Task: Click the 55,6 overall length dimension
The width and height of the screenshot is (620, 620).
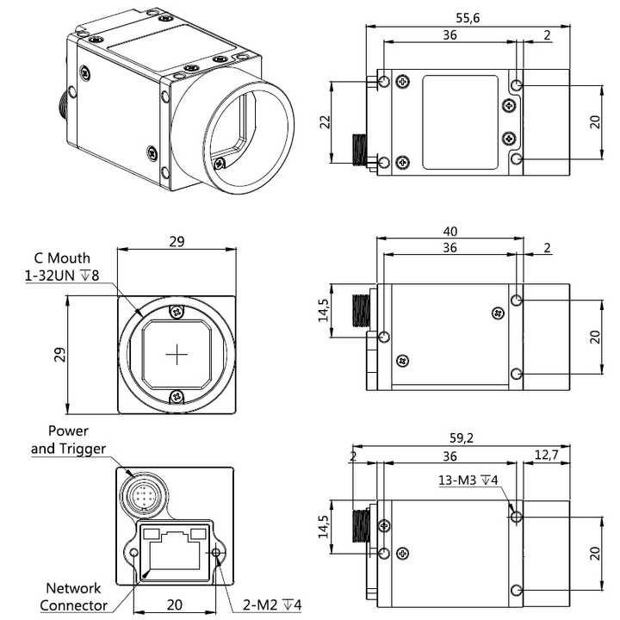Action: pyautogui.click(x=468, y=18)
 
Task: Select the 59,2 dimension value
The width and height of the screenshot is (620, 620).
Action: pyautogui.click(x=462, y=438)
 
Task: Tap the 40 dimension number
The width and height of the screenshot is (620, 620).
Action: pyautogui.click(x=450, y=232)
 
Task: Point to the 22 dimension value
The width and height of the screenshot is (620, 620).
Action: pyautogui.click(x=325, y=121)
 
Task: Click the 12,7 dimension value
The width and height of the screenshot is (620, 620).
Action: pyautogui.click(x=547, y=456)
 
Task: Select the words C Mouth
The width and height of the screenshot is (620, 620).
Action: pyautogui.click(x=62, y=258)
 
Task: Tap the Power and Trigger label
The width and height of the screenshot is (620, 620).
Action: pyautogui.click(x=68, y=440)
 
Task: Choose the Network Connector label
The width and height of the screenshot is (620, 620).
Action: pyautogui.click(x=73, y=597)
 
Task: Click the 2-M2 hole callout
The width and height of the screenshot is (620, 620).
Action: pyautogui.click(x=272, y=604)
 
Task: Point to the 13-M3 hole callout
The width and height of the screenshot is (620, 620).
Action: pyautogui.click(x=468, y=480)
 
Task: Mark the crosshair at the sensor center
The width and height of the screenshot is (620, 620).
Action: pyautogui.click(x=177, y=354)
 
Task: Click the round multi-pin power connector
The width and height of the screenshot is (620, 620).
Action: pyautogui.click(x=144, y=495)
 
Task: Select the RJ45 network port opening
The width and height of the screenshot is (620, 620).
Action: pyautogui.click(x=174, y=550)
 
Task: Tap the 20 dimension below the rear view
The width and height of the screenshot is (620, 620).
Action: pyautogui.click(x=174, y=604)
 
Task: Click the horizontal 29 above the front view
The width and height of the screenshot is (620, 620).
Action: pyautogui.click(x=177, y=242)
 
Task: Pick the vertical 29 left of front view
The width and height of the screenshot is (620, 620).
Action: pyautogui.click(x=59, y=354)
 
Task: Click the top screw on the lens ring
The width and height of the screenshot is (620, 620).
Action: pyautogui.click(x=177, y=311)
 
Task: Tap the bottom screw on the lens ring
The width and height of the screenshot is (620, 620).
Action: pyautogui.click(x=177, y=396)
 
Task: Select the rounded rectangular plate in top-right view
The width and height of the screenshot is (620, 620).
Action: pyautogui.click(x=460, y=122)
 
